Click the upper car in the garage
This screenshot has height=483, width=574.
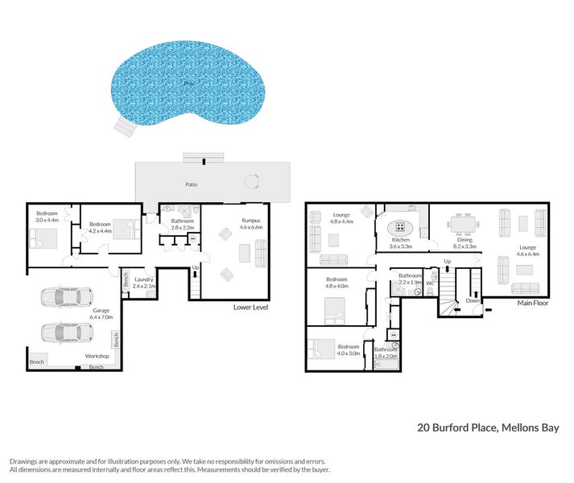pos(62,298)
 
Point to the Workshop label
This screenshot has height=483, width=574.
pos(97,355)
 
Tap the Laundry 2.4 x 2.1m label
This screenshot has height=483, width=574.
pos(143,283)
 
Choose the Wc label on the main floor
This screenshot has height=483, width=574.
pos(431,283)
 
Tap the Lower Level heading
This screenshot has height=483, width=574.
pos(250,308)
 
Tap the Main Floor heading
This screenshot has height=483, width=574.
pos(533,303)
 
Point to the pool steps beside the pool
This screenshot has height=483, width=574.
pos(126,126)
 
